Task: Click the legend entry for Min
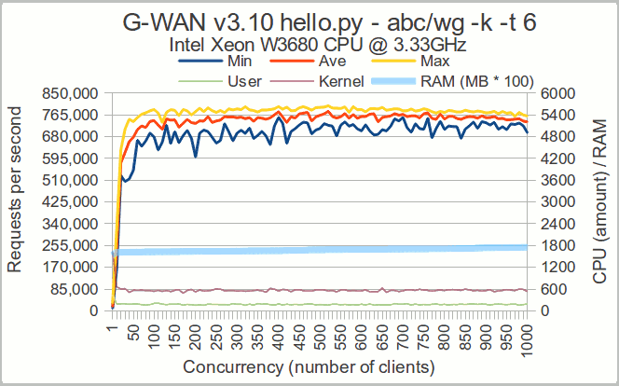(234, 62)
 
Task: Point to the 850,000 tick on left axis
(68, 93)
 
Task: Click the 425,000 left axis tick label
(68, 201)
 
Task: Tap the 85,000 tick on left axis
(72, 289)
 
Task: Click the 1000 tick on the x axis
(528, 331)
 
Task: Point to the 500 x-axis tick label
(320, 331)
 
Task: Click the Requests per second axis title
(16, 201)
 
